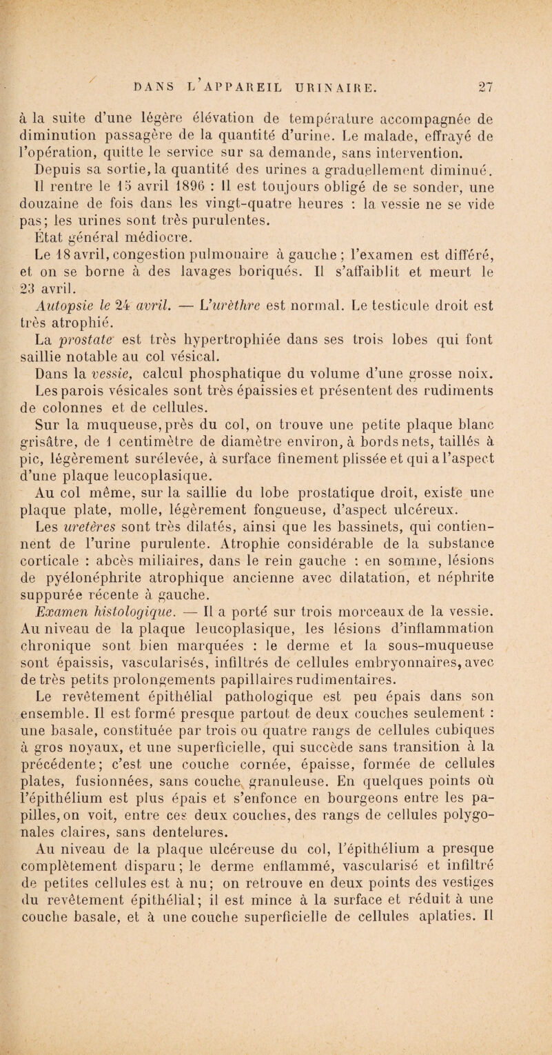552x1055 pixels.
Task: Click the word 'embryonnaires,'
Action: pyautogui.click(x=427, y=714)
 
